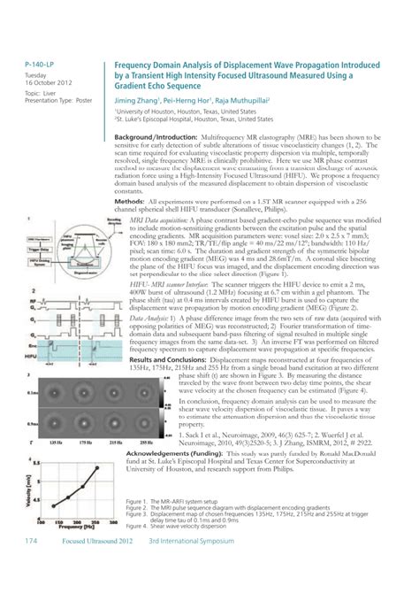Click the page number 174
pyautogui.click(x=31, y=565)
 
